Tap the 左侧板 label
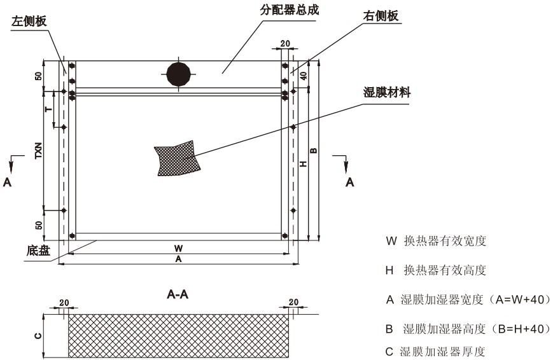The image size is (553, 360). [29, 21]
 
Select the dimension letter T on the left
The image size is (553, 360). [48, 109]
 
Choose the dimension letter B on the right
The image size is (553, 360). [313, 151]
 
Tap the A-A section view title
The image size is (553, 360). [178, 294]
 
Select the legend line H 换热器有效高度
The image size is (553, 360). [436, 271]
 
